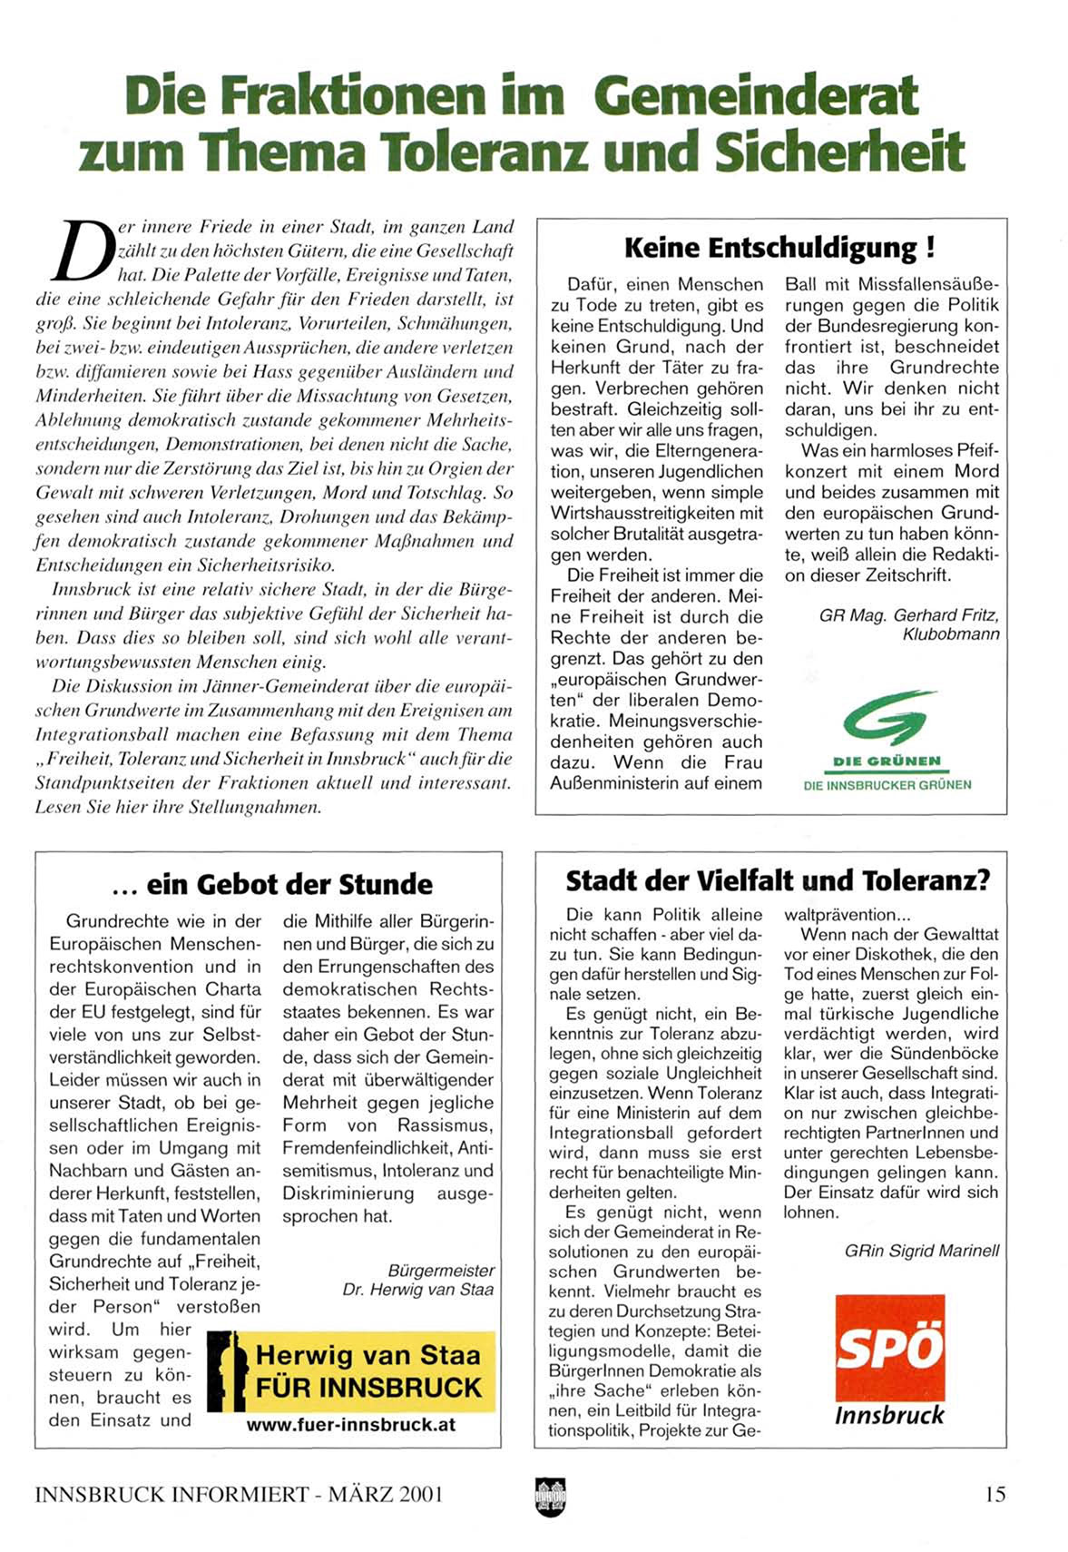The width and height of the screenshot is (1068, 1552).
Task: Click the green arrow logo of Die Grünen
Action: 888,716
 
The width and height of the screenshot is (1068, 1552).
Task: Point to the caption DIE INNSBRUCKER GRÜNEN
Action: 887,785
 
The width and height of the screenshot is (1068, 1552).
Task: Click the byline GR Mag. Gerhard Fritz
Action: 909,615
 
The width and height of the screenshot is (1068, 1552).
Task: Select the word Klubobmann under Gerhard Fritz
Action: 950,634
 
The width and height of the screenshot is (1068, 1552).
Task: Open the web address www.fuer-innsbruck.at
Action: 350,1425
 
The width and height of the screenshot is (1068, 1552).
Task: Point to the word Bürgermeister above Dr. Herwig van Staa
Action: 441,1271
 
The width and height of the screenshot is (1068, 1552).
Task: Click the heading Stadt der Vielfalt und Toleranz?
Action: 778,881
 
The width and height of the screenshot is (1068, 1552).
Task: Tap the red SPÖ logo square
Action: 889,1348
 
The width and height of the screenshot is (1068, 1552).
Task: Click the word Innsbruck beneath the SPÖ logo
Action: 889,1415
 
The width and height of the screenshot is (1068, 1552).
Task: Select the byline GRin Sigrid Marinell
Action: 921,1251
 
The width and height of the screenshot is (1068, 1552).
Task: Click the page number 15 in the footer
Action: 995,1494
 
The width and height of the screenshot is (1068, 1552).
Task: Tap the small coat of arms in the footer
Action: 550,1495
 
